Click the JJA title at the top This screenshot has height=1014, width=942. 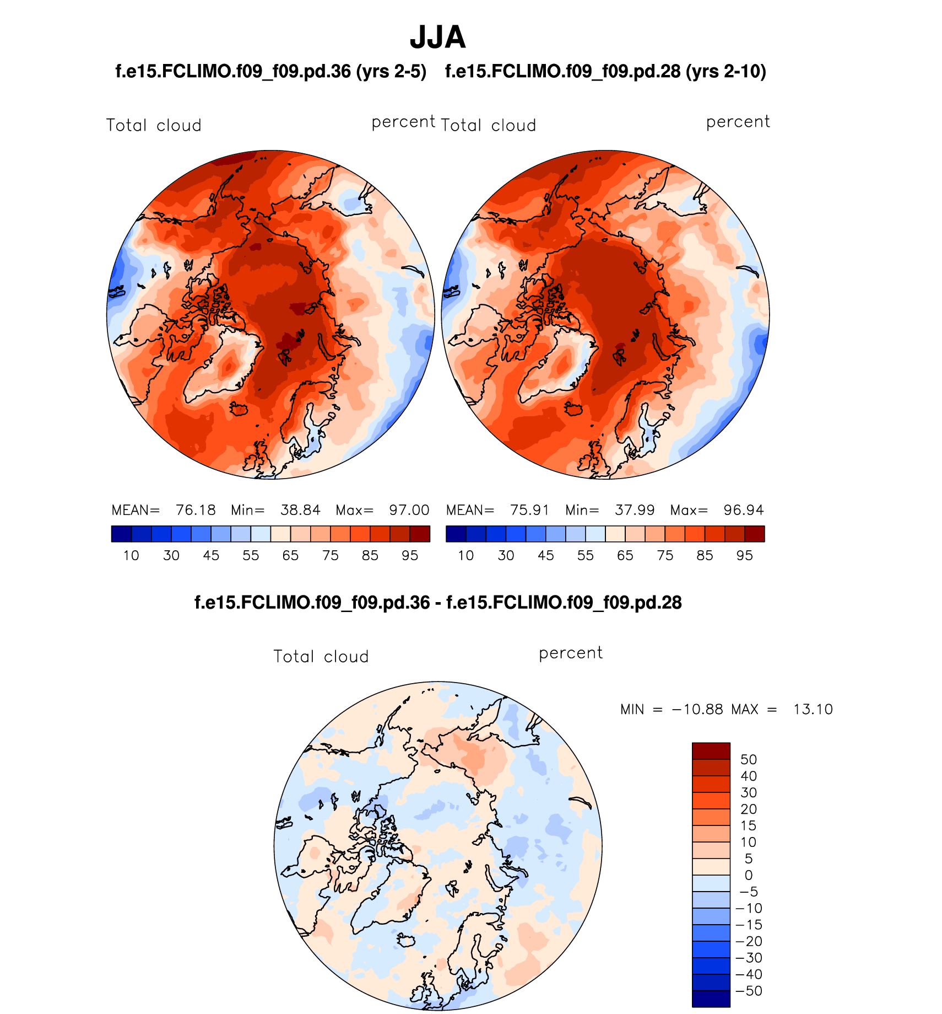point(438,37)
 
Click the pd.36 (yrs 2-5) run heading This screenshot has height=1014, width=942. point(270,72)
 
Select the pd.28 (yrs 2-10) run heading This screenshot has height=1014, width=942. point(605,72)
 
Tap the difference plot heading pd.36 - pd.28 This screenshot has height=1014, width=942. point(438,603)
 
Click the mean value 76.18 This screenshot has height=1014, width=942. point(196,510)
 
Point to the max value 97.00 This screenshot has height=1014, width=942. point(409,510)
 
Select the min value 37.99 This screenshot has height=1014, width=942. point(635,510)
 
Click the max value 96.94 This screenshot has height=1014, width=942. point(744,510)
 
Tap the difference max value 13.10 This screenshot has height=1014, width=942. point(813,710)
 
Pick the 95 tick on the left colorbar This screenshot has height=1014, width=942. point(410,555)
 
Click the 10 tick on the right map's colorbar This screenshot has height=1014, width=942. point(466,555)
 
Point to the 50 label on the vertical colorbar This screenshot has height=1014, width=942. point(748,760)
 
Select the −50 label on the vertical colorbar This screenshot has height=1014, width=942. point(749,991)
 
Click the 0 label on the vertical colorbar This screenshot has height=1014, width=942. point(748,875)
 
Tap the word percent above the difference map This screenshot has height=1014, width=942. point(571,653)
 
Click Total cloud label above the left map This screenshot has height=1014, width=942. point(154,126)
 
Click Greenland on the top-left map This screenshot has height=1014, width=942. point(223,367)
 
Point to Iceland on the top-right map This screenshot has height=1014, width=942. point(573,409)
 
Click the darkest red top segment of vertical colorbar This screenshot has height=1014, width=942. point(711,751)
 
